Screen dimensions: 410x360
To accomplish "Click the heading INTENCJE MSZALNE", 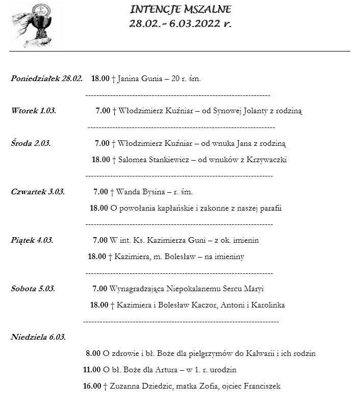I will [181, 9].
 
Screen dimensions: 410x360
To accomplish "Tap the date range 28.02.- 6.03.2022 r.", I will [181, 23].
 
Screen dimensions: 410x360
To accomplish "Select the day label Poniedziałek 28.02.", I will [46, 79].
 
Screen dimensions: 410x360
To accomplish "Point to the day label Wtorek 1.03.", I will [34, 110].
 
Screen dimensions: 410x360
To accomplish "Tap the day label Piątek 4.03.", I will [32, 240].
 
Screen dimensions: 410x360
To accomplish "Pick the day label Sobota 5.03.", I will [33, 289].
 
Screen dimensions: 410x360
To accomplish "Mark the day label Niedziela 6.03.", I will [38, 337].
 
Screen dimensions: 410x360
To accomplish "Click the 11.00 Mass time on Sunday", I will [91, 370].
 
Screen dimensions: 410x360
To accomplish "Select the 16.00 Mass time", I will [92, 386].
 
